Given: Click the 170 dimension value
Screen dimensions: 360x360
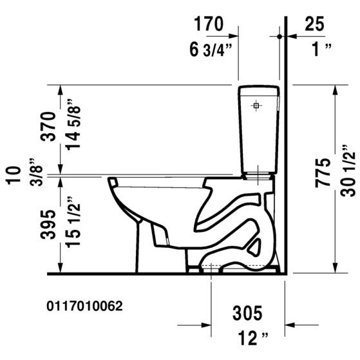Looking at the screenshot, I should tap(209, 24).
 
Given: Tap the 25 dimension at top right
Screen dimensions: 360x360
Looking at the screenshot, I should tap(314, 24).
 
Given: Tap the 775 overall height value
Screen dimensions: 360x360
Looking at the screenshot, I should tap(323, 174).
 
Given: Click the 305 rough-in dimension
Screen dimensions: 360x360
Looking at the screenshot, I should tap(247, 314).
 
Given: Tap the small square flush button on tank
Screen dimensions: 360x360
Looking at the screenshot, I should tap(257, 104).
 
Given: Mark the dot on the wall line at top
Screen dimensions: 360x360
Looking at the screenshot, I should tap(279, 37).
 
